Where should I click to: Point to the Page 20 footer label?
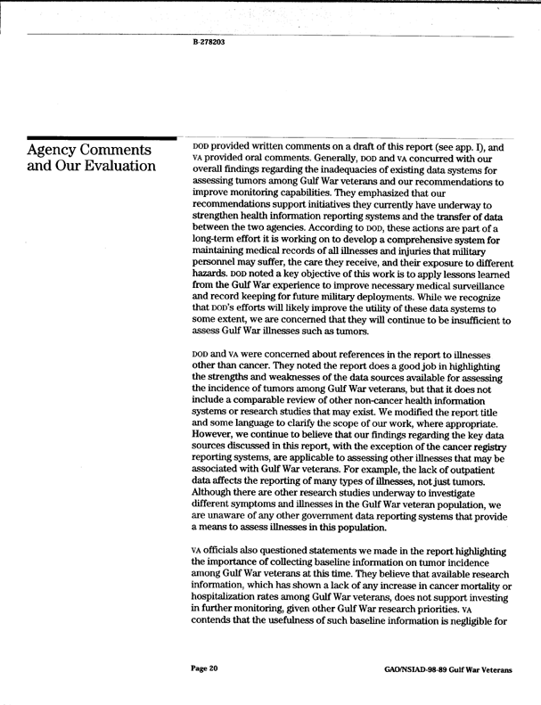coord(206,668)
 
